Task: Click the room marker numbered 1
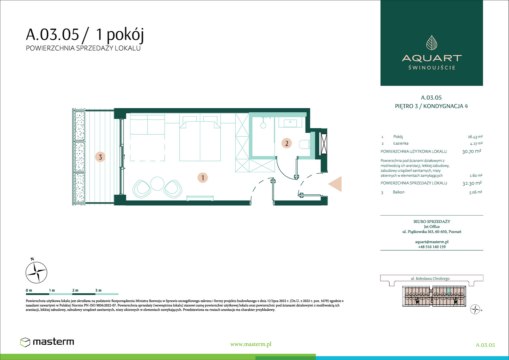coord(203,178)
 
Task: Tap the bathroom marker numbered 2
coord(287,143)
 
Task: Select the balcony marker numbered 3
coord(100,157)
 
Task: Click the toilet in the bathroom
coord(305,144)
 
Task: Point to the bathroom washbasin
coord(290,123)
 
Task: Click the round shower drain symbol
coord(263,125)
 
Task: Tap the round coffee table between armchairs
coord(157,183)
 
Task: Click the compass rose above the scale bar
coord(36,272)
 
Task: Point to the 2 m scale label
coord(75,290)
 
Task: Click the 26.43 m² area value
coord(475,137)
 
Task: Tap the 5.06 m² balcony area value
coord(476,192)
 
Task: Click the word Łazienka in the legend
coord(400,143)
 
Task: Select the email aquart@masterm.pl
coord(432,242)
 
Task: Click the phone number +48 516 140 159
coord(432,247)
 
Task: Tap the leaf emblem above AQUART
coord(432,43)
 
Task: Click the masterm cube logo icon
coord(25,342)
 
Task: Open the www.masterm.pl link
coord(251,344)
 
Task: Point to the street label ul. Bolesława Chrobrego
coord(430,278)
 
